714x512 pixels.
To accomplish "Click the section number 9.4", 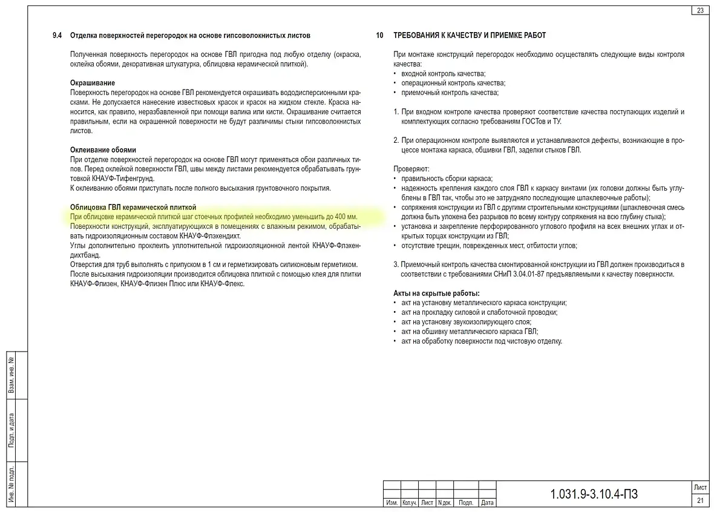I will point(57,36).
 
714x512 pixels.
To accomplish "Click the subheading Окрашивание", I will point(93,83).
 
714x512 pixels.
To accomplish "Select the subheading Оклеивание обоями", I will point(103,149).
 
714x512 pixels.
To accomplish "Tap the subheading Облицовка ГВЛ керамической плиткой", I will point(133,207).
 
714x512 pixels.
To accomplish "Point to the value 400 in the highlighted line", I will point(341,217).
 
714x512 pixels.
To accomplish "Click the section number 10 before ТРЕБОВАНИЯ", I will point(379,36).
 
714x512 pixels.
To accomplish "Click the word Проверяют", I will point(411,169).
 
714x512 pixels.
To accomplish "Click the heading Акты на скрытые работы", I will point(436,294).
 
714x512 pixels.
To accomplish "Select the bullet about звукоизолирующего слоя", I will point(458,322).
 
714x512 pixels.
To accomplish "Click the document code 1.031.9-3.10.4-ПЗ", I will point(594,494).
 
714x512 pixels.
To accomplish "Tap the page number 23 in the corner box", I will point(700,10).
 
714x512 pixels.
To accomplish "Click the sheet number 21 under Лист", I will point(700,500).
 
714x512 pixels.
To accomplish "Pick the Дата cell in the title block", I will point(487,502).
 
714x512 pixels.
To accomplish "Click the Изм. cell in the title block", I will point(391,502).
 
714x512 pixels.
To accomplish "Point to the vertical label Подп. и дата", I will point(11,430).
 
